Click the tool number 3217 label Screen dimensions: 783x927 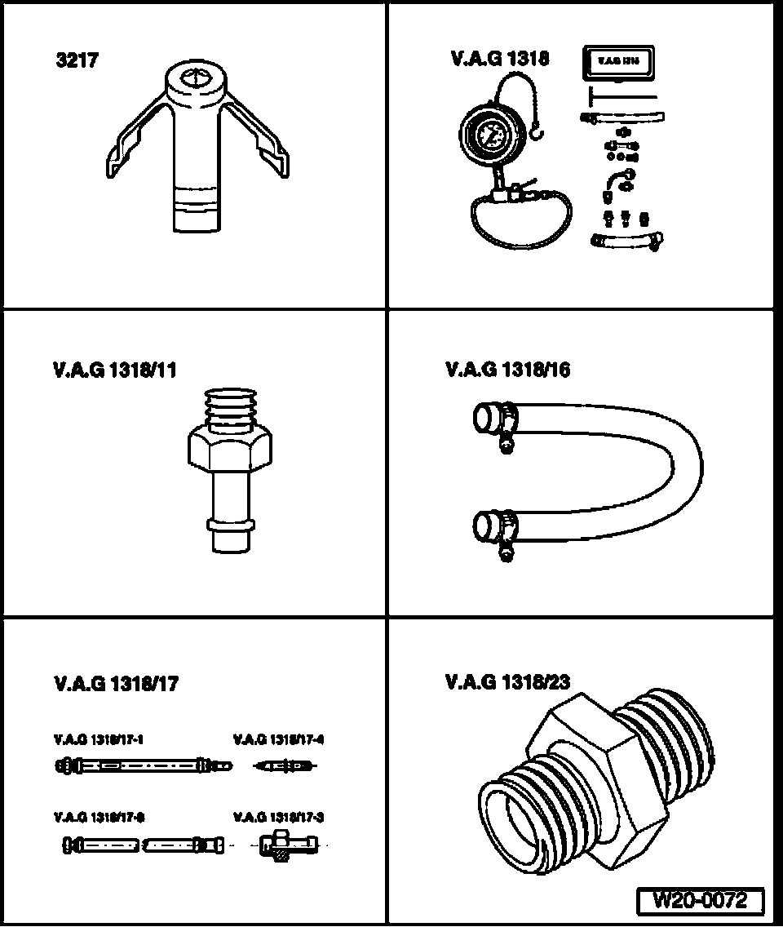(x=77, y=60)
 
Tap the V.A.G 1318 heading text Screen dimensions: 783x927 (x=499, y=59)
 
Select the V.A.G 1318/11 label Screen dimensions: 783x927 (x=113, y=370)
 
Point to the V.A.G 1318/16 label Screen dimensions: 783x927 (x=507, y=370)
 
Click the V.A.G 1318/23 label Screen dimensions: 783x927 (x=507, y=682)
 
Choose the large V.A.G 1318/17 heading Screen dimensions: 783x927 (x=115, y=684)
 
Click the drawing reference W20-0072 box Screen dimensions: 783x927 (x=701, y=901)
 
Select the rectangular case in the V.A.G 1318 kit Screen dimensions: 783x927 (x=617, y=62)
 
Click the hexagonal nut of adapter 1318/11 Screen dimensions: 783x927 (x=228, y=453)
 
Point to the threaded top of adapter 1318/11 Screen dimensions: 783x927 (x=228, y=408)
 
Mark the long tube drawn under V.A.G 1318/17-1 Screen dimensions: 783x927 (x=144, y=765)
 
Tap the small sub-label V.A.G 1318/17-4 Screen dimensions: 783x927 (x=279, y=740)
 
